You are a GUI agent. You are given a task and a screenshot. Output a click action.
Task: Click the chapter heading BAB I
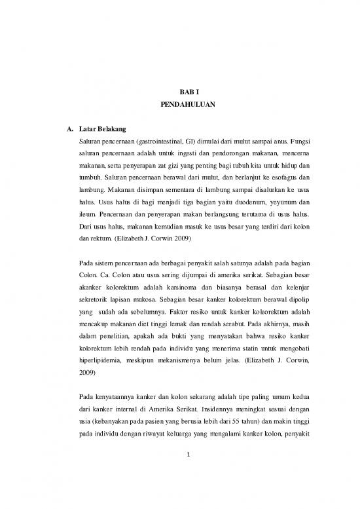(179, 94)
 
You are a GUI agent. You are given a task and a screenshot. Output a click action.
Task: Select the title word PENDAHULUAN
(179, 105)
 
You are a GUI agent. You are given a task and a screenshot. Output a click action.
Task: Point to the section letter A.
(64, 128)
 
